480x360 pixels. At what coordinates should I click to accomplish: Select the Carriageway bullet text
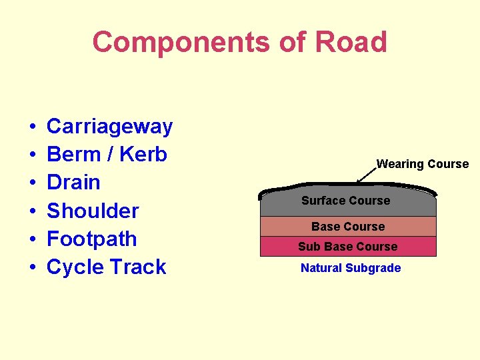pos(109,126)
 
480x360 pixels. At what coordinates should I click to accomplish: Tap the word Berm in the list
pos(73,154)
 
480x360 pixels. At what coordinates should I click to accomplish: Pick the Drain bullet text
pos(73,182)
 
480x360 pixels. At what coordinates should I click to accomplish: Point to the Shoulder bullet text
pos(93,211)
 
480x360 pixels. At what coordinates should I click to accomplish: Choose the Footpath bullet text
pos(92,239)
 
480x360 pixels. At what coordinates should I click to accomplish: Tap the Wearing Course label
pos(423,164)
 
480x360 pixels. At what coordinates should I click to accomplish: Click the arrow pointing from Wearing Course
pos(366,174)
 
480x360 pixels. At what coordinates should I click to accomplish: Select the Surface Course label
pos(345,201)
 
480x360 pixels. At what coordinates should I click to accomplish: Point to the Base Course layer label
pos(348,227)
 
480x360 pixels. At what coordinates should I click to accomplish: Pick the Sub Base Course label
pos(347,247)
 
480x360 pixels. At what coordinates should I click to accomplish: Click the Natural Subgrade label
pos(351,268)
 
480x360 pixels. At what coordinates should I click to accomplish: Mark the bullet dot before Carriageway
pos(32,127)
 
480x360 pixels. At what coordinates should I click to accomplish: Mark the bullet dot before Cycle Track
pos(32,268)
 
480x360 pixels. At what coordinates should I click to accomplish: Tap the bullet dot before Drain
pos(32,183)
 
